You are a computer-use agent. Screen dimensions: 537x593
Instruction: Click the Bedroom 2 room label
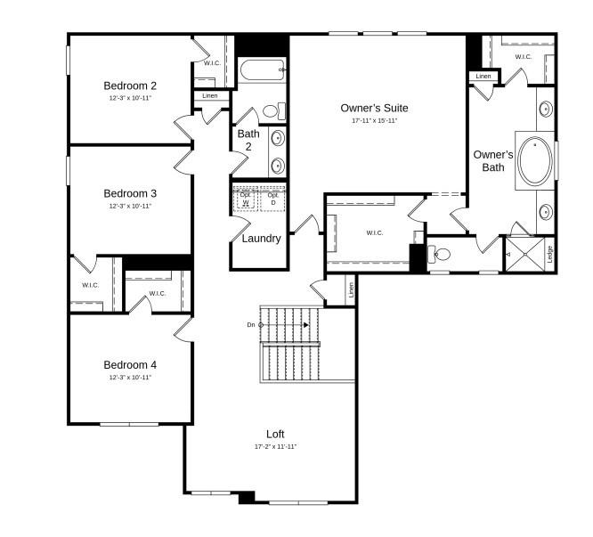coord(130,86)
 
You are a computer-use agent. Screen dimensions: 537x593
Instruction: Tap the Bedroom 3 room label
coord(130,193)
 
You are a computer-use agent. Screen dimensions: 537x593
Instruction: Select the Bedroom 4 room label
coord(130,364)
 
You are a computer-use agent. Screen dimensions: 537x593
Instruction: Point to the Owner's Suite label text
coord(374,109)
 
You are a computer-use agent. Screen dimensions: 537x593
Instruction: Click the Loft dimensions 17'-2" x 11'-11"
coord(275,446)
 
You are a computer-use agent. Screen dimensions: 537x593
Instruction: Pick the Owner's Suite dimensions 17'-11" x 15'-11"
coord(374,120)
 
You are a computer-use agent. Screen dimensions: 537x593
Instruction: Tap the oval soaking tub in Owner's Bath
coord(535,160)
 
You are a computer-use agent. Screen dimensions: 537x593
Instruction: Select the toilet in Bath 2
coord(273,111)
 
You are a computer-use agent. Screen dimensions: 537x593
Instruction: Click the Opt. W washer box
coord(246,199)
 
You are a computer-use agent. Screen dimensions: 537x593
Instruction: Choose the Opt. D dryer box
coord(272,199)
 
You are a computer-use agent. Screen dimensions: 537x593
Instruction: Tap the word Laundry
coord(261,239)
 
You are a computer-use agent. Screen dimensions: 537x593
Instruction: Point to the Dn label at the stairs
coord(251,325)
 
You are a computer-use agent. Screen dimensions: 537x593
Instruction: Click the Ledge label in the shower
coord(549,254)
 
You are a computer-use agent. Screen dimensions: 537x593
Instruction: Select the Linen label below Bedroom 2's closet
coord(210,95)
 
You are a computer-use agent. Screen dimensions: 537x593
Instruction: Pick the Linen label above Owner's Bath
coord(483,77)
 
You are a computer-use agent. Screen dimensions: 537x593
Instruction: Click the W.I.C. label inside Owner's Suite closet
coord(374,233)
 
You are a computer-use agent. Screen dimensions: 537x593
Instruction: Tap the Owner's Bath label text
coord(493,160)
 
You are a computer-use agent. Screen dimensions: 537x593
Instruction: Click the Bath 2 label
coord(248,140)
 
